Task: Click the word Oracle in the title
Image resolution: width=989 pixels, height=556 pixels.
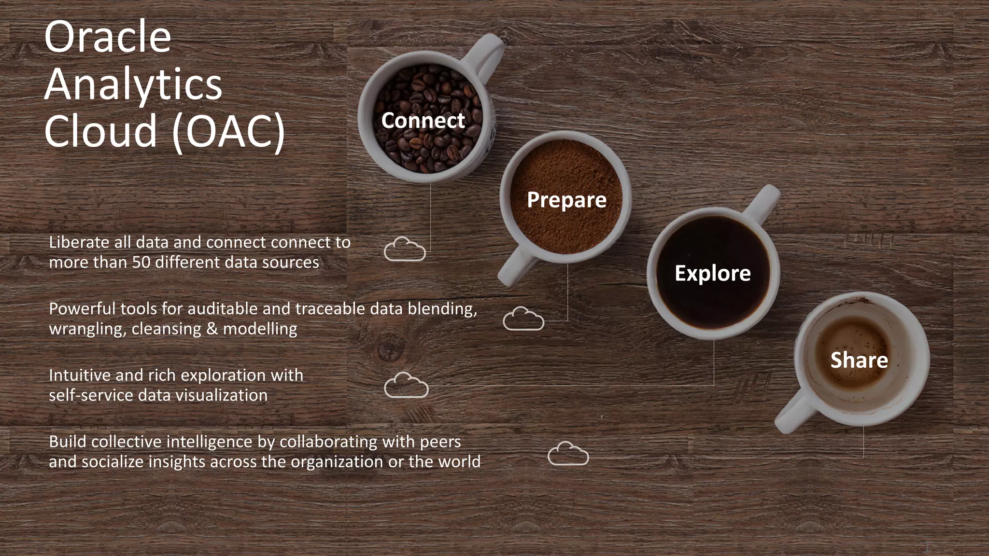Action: (x=107, y=37)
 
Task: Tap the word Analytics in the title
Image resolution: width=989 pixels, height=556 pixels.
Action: (x=133, y=84)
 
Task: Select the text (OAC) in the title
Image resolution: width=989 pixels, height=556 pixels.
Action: (x=228, y=131)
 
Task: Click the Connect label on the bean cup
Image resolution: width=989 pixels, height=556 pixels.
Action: (x=423, y=120)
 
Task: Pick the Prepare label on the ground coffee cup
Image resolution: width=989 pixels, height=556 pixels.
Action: (x=566, y=200)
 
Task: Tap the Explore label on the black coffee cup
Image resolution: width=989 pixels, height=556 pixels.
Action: (x=712, y=273)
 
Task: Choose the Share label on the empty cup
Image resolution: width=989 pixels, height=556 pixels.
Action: (x=859, y=360)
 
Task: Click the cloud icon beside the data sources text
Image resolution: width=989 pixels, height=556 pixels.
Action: (x=405, y=250)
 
